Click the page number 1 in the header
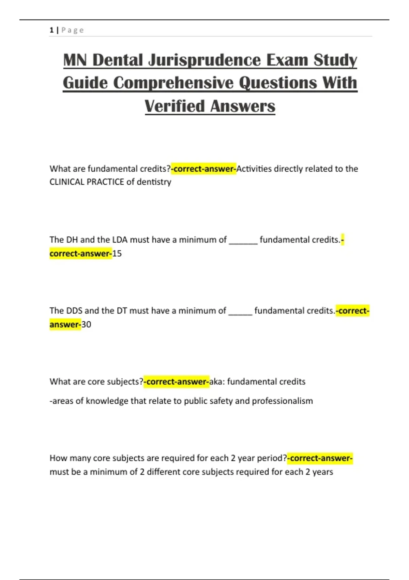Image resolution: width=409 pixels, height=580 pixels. (51, 30)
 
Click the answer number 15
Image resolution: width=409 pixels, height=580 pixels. (117, 253)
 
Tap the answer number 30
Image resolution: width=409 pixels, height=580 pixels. (86, 324)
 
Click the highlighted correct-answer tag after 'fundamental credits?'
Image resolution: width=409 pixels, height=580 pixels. (204, 169)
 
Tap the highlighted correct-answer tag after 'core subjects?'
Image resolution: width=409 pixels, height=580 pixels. (177, 382)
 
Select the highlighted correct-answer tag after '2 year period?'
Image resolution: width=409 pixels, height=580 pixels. (320, 458)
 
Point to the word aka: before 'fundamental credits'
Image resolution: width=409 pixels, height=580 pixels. (217, 382)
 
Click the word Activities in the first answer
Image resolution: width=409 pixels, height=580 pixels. (254, 169)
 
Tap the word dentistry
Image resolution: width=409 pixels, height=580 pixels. (154, 182)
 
